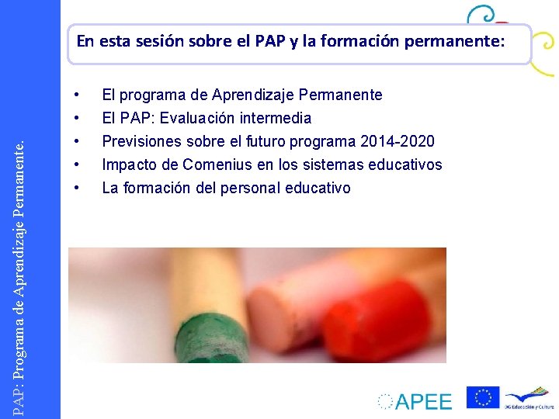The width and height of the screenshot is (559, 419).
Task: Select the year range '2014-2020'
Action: [398, 142]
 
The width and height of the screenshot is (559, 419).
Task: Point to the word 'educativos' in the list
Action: [408, 165]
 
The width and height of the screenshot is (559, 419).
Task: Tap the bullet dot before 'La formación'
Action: [77, 189]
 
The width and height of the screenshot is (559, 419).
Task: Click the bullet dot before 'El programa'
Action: [77, 95]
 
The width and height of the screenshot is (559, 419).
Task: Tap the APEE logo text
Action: [422, 401]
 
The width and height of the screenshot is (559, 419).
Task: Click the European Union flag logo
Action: [482, 397]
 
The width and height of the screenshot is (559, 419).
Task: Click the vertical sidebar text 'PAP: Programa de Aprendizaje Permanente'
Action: [29, 264]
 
